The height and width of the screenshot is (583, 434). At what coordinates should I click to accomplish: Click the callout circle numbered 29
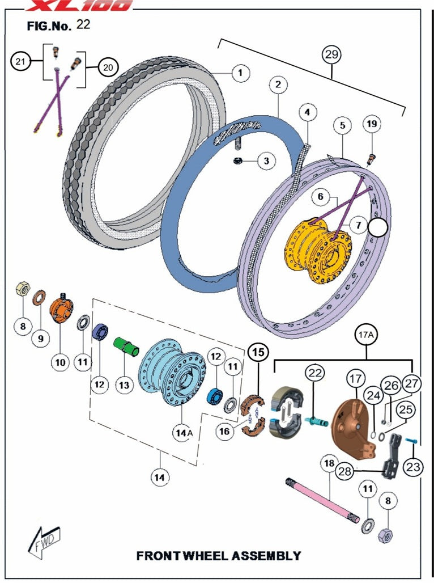tap(331, 55)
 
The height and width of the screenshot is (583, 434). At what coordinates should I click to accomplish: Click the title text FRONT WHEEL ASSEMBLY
tap(219, 555)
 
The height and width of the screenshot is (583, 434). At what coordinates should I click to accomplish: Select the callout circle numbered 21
tap(20, 63)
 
